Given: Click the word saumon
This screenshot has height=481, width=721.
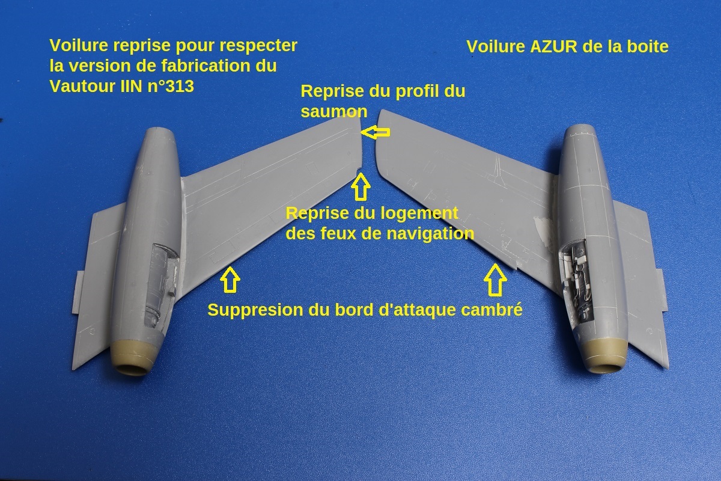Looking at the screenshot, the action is pos(334,112).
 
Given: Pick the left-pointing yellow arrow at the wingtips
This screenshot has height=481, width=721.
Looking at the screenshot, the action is pos(376,132).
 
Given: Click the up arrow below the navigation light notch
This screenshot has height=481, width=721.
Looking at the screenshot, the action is pos(360,186).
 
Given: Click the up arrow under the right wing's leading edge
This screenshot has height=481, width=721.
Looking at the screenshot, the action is pos(497,280).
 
